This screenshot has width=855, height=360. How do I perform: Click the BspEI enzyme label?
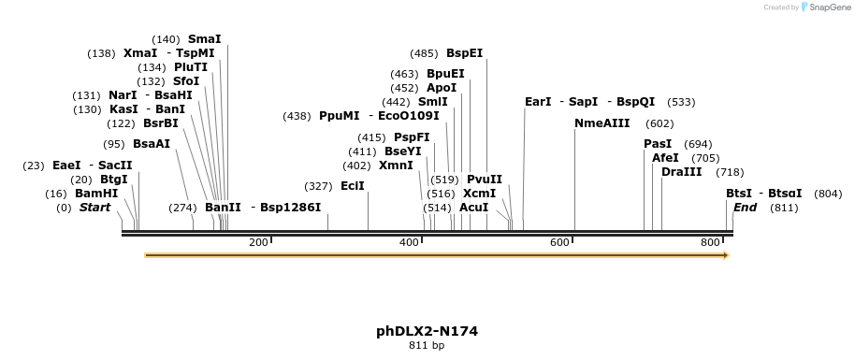(x=464, y=53)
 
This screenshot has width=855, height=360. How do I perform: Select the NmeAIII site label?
(x=602, y=123)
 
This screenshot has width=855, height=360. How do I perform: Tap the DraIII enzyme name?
(x=681, y=172)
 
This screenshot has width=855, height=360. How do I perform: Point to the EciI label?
(x=353, y=186)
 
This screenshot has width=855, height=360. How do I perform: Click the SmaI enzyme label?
(x=205, y=39)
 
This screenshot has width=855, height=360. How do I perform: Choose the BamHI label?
(x=96, y=194)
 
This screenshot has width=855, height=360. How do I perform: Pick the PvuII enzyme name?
(x=485, y=180)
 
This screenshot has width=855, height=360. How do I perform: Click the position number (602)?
(x=659, y=123)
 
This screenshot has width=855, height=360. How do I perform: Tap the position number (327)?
(x=319, y=186)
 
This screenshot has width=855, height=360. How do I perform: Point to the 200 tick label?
(x=258, y=243)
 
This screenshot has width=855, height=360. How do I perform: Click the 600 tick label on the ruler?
(x=559, y=243)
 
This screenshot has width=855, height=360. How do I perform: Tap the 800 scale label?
(x=710, y=243)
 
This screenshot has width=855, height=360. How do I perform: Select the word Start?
(x=94, y=208)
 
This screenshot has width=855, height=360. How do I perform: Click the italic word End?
(x=745, y=208)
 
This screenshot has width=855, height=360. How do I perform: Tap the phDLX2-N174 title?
(x=427, y=331)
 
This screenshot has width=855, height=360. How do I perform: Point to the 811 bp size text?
(x=427, y=346)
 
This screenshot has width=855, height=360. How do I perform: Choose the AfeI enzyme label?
(x=665, y=158)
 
